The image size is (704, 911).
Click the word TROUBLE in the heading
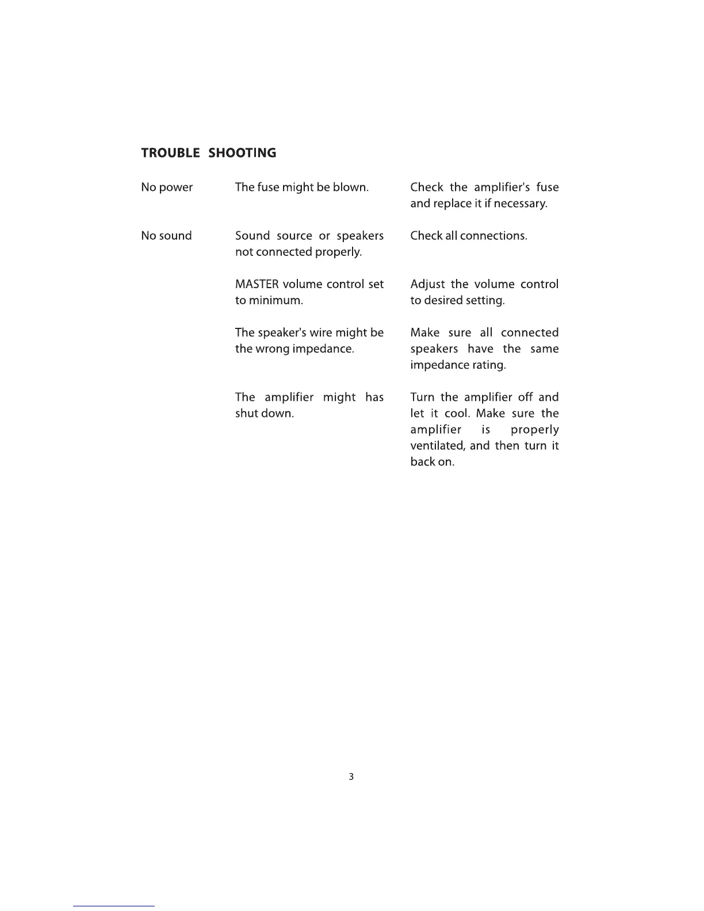tap(170, 153)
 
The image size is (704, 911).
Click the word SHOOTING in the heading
tap(242, 153)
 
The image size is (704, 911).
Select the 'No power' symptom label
tap(167, 187)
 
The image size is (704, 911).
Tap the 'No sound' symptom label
tap(166, 236)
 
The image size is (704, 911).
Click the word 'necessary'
tap(522, 204)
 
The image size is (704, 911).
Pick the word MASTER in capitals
tap(257, 284)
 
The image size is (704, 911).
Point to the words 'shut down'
tap(265, 414)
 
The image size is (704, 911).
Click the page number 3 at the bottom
tap(351, 776)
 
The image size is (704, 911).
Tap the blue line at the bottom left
tap(114, 906)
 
